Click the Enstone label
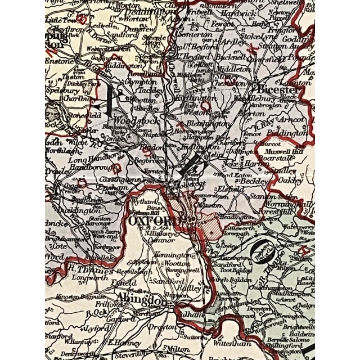click(x=60, y=60)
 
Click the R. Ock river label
click(x=99, y=311)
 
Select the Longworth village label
click(x=86, y=276)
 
